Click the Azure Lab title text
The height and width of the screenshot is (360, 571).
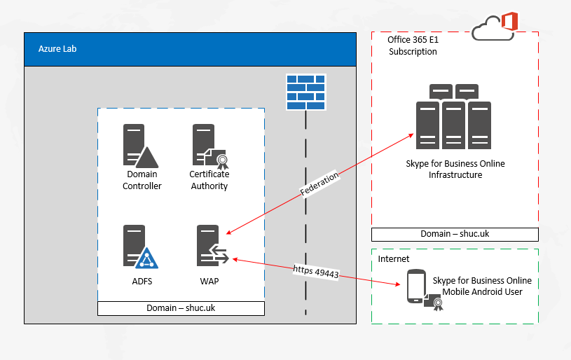(57, 49)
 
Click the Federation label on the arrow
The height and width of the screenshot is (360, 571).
(319, 184)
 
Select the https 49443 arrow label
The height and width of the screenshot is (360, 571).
(316, 272)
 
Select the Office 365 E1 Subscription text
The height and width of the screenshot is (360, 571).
(413, 46)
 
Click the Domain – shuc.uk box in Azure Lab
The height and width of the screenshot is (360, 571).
(181, 308)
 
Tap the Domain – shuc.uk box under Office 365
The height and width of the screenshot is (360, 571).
(455, 235)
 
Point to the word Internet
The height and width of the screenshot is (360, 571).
(393, 259)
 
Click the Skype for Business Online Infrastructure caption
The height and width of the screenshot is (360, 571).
(455, 169)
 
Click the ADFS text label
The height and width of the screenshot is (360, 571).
(142, 282)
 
